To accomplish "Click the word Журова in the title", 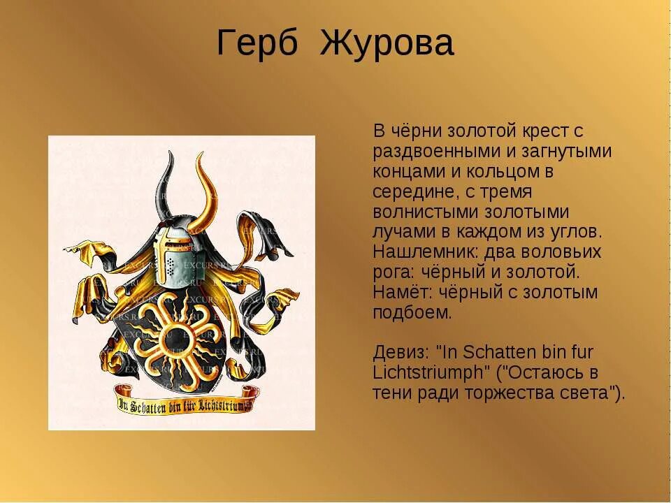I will pyautogui.click(x=387, y=43).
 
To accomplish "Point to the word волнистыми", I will pyautogui.click(x=427, y=212).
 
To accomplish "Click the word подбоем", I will pyautogui.click(x=412, y=312).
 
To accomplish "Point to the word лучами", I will pyautogui.click(x=402, y=232).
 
